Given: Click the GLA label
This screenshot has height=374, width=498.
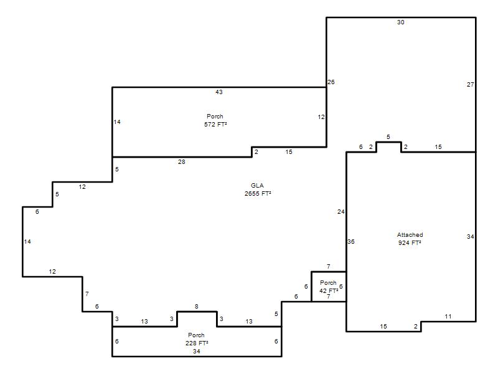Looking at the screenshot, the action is (x=257, y=185).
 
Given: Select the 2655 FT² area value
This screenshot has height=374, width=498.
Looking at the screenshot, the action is (x=258, y=193).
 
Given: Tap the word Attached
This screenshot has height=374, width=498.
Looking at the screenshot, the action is (x=410, y=235).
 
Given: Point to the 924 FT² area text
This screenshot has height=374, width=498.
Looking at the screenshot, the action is (x=410, y=242).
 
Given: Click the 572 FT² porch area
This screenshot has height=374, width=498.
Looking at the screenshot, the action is (x=215, y=124).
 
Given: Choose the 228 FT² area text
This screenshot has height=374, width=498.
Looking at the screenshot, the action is (x=197, y=343).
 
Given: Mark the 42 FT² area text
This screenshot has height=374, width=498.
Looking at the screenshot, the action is (x=329, y=290).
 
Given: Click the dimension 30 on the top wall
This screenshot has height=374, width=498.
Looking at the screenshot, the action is (x=400, y=22).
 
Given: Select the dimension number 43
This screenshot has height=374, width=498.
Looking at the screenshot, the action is (x=219, y=92).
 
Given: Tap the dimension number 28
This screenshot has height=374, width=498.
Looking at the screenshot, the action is (x=181, y=162).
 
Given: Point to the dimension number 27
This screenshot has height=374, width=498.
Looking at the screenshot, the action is (x=471, y=85).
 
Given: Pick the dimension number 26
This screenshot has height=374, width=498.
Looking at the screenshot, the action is (x=331, y=82).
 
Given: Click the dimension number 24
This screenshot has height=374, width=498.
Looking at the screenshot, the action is (x=341, y=212).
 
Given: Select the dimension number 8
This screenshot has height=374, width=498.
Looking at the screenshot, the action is (x=196, y=306).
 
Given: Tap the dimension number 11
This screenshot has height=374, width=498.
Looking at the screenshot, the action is (x=448, y=317).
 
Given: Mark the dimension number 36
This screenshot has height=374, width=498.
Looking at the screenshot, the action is (x=351, y=242).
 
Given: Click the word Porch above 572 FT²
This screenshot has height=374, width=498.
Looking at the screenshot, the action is (x=215, y=117).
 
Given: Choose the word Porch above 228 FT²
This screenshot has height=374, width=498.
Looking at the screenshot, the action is (x=196, y=335).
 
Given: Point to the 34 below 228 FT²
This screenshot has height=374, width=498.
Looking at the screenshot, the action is (x=196, y=352).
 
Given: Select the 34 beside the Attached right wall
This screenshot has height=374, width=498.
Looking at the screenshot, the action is (x=471, y=237).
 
